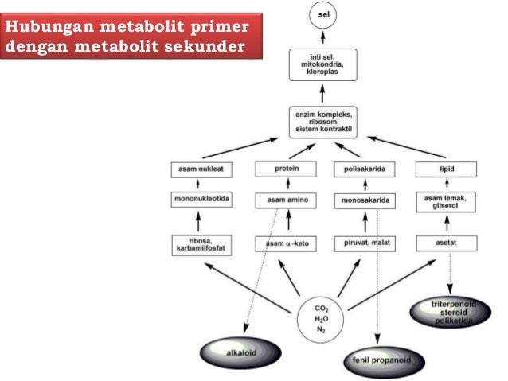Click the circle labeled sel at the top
point(322,15)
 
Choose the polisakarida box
point(362,169)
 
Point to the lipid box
point(446,169)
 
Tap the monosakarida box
point(362,201)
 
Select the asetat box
point(446,243)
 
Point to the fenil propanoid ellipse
point(378,360)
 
